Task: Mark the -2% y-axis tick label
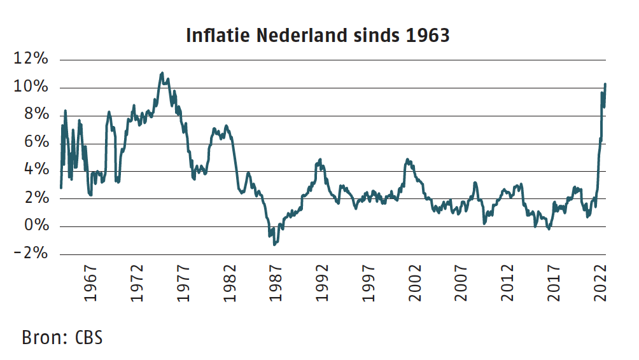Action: tap(32, 253)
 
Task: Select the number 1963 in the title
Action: tap(426, 35)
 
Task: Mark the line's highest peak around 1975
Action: tap(162, 73)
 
